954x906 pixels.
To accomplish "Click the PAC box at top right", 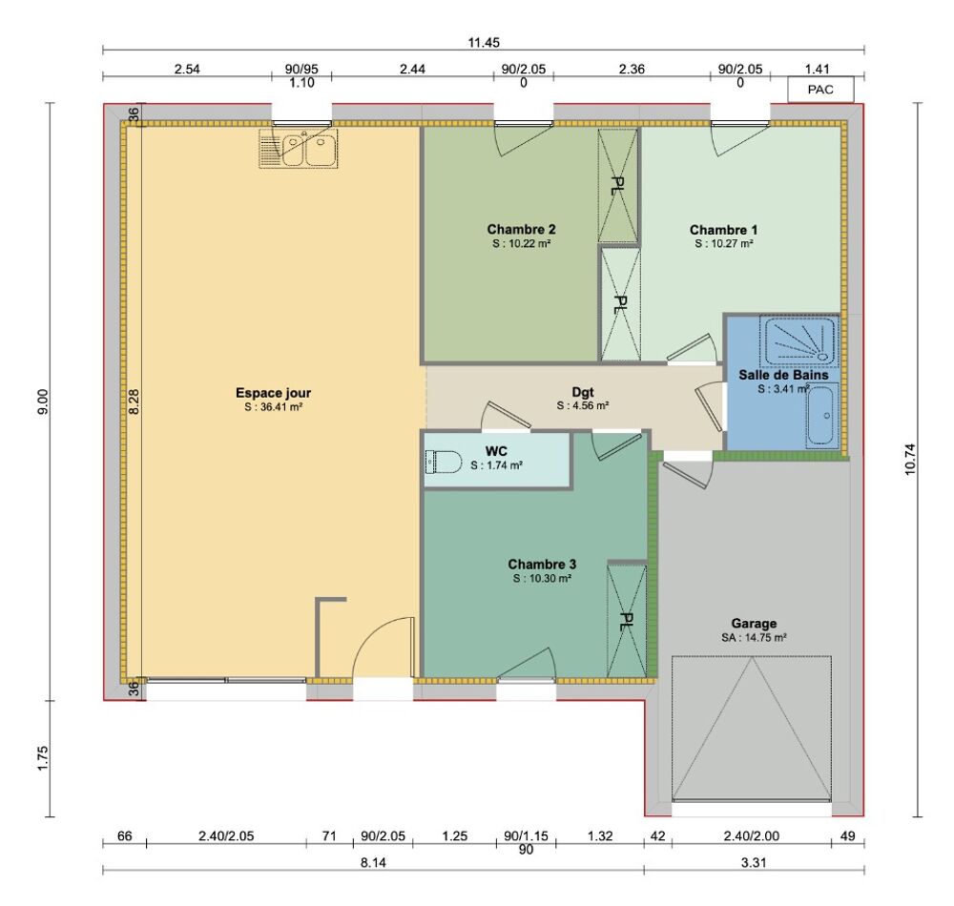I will (820, 91).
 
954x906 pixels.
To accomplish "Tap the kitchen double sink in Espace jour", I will (298, 150).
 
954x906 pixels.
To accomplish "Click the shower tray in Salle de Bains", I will (799, 340).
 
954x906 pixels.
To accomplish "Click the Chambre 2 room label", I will (521, 229).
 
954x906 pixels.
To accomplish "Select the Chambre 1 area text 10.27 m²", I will (724, 244).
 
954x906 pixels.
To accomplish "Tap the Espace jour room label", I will (273, 393).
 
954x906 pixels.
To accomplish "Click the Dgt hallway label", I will (583, 390).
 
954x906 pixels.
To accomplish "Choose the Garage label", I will (754, 623).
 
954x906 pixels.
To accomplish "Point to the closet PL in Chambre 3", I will (627, 621).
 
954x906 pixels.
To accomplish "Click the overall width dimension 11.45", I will (484, 42).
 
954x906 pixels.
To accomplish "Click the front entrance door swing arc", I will (384, 649).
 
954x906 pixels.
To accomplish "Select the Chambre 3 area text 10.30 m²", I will (542, 579).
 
